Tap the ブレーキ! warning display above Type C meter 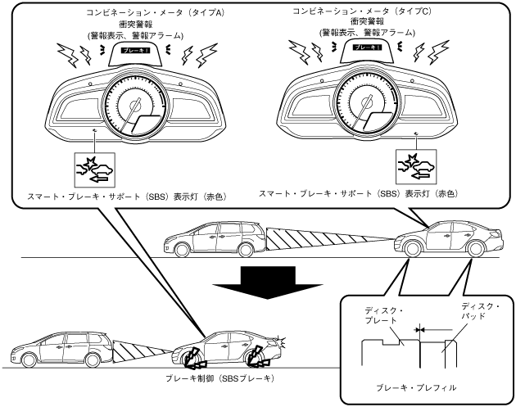366,50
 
